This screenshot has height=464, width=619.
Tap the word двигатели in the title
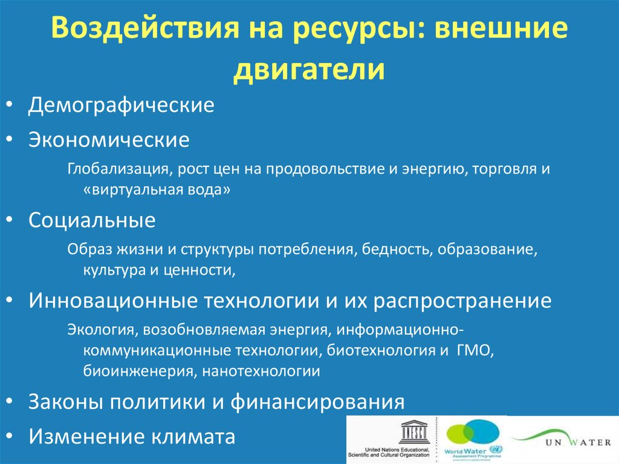click(x=309, y=68)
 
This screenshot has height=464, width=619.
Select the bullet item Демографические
click(x=122, y=105)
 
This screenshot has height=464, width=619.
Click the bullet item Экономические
click(x=109, y=140)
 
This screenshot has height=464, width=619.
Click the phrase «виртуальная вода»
click(x=158, y=189)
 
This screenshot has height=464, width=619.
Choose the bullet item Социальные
click(x=92, y=220)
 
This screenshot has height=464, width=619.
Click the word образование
click(x=485, y=249)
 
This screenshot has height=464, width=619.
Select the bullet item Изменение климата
click(x=132, y=436)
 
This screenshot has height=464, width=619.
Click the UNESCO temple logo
click(x=413, y=434)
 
